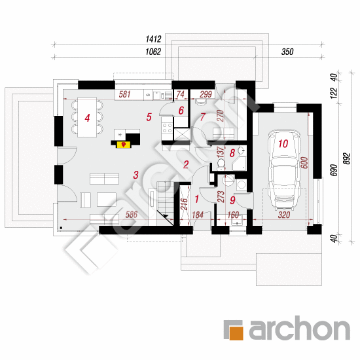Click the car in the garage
coord(284,170)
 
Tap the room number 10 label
coord(283,144)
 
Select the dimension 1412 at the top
coord(153,39)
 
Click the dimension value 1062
coord(153,52)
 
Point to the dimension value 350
coord(287,52)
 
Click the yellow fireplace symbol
coord(124,145)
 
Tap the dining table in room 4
coord(87,117)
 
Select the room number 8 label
coord(232,153)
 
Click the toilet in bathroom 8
coord(221,164)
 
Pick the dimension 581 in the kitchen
coord(124,94)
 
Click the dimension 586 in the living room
coord(132,215)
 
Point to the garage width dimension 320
coord(284,215)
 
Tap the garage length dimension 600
coord(304,162)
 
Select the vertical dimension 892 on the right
coord(347,158)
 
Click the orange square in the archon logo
coord(236,333)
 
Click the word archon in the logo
coord(300,329)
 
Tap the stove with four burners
coord(167,128)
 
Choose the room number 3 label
coord(135,175)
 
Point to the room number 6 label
coord(181,111)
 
